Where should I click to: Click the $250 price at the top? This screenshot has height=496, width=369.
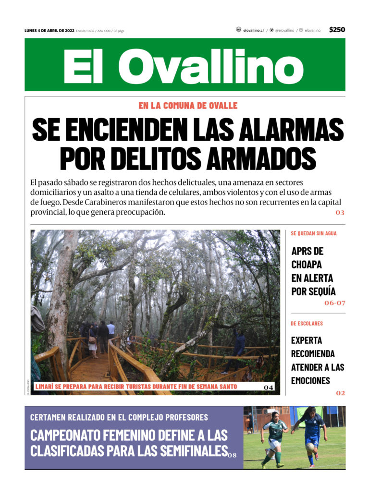337,30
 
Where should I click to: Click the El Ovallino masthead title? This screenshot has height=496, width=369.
184,65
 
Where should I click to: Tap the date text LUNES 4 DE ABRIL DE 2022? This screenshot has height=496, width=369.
49,30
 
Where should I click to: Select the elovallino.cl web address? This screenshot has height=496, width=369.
253,30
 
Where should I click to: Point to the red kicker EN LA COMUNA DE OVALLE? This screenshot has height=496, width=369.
188,106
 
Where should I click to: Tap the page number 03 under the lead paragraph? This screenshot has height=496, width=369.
340,212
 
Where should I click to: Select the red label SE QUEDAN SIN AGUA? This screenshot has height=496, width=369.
314,233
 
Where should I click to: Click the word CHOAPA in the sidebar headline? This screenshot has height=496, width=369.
307,264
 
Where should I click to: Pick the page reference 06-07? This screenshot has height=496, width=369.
334,303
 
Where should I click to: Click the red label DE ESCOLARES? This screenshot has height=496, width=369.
307,324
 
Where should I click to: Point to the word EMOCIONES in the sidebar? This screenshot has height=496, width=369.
310,381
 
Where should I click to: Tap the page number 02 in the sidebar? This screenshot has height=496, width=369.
340,393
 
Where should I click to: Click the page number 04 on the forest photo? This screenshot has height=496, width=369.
269,387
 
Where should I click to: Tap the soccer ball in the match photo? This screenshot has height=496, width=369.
310,447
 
